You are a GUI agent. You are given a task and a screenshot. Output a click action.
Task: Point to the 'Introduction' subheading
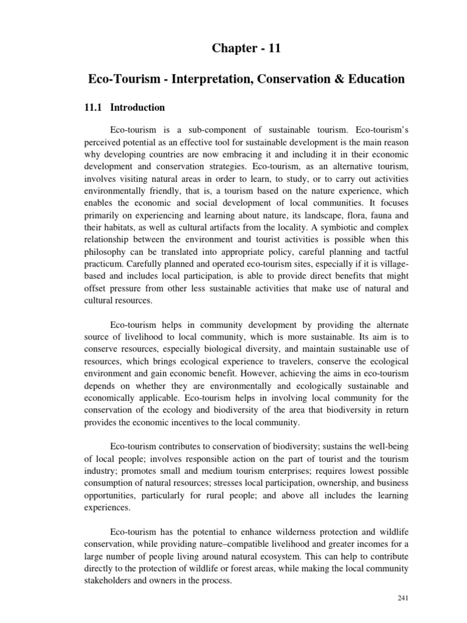(x=137, y=108)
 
